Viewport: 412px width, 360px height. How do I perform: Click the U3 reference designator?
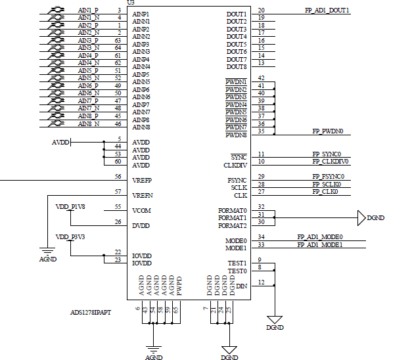point(131,3)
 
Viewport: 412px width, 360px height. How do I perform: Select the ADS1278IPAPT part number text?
point(91,313)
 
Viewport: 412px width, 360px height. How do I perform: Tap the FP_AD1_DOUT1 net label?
point(327,11)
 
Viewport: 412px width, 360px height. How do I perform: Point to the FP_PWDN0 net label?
point(328,131)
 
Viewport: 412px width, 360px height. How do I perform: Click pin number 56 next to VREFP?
point(118,177)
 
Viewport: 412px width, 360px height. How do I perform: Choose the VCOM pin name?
point(141,211)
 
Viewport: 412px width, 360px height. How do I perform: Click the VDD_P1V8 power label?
point(70,207)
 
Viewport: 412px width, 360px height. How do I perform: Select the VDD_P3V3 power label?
point(70,237)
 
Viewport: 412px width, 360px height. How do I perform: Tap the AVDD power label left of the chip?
point(60,143)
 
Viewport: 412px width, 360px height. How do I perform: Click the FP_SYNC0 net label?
point(327,154)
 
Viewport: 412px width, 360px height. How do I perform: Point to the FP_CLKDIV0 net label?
point(331,162)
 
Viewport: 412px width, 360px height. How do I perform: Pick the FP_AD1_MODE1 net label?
point(320,244)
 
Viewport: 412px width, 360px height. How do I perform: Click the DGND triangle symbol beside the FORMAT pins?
point(361,218)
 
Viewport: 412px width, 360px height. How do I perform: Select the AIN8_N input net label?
point(89,124)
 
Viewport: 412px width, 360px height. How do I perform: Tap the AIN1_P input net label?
point(88,11)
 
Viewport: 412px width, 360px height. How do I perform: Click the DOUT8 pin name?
point(237,67)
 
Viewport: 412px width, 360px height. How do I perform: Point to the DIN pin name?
point(241,286)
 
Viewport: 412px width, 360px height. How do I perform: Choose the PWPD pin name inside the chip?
point(179,286)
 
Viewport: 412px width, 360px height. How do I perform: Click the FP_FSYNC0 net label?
point(328,176)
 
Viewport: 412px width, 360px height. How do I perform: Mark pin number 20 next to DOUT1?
point(261,11)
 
